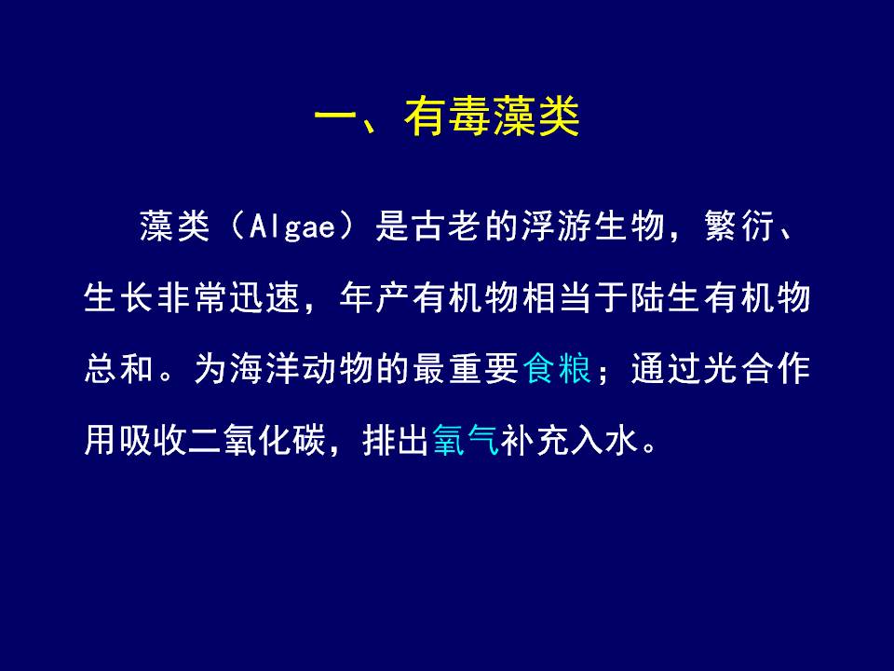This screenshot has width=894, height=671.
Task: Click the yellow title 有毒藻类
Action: pos(492,116)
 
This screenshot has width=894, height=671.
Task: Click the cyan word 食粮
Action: pos(557,369)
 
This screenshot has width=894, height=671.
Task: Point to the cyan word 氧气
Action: pos(467,440)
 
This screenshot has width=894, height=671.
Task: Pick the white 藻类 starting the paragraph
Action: pos(174,226)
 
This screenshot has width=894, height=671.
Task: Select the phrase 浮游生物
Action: pos(593,226)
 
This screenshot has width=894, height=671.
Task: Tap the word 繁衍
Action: pos(739,226)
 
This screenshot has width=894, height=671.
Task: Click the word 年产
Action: pos(372,298)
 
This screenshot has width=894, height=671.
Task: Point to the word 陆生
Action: pos(665,298)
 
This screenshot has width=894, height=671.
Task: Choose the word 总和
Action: pos(118,369)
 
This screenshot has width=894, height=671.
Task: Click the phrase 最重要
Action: pos(466,369)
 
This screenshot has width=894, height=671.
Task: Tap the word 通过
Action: pos(665,369)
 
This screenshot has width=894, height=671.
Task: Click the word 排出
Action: pos(396,440)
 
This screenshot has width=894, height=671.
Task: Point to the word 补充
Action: pos(535,440)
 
